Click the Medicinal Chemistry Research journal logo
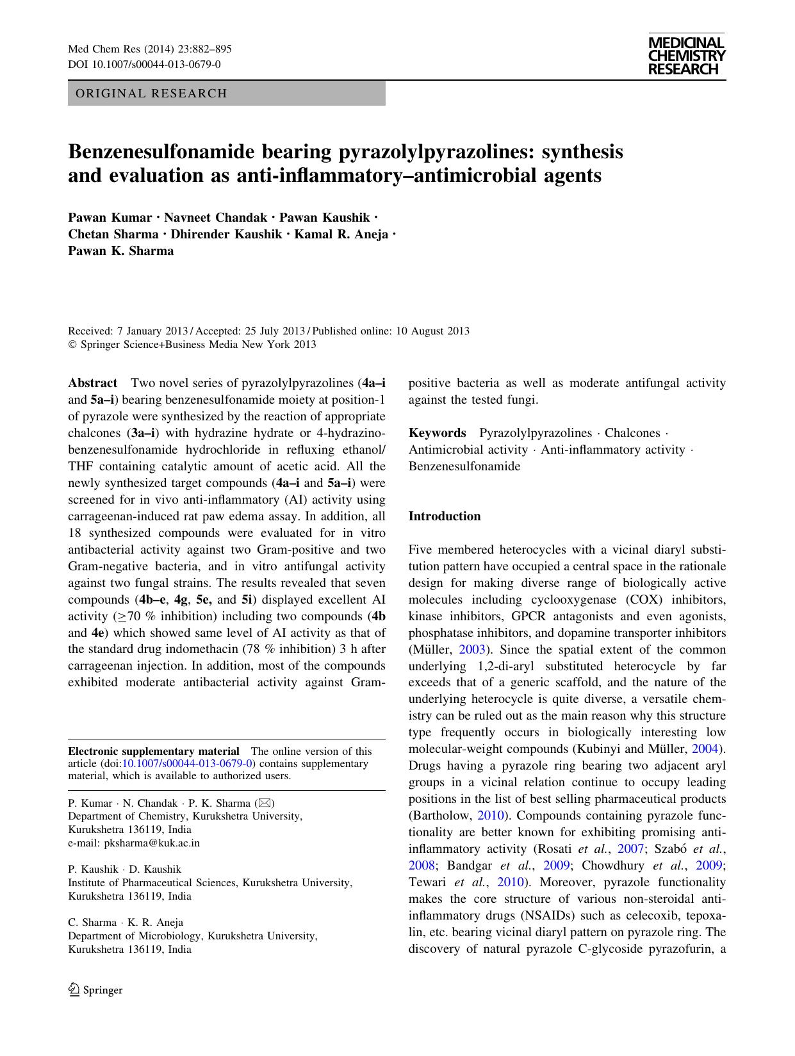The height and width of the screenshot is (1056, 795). (x=686, y=56)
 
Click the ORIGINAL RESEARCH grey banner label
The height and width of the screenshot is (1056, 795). (x=151, y=94)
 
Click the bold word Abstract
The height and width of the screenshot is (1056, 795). (x=92, y=383)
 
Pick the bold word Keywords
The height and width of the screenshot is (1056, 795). (x=437, y=433)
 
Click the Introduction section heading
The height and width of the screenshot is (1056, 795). (x=445, y=516)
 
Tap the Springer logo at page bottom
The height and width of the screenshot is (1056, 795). (x=95, y=990)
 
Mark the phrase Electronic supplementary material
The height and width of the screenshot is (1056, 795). (x=154, y=752)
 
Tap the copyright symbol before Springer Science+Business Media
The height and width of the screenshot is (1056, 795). (x=72, y=345)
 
